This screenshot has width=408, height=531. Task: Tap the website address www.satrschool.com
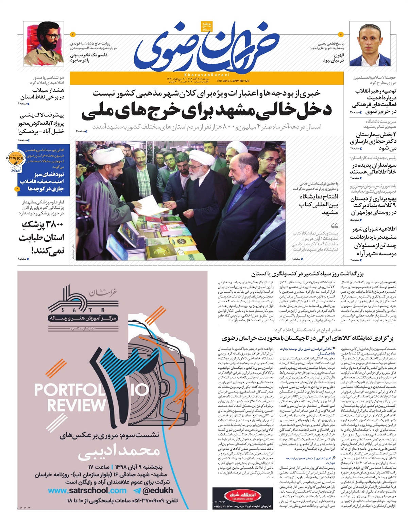pyautogui.click(x=87, y=490)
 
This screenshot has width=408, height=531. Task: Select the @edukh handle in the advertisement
pyautogui.click(x=154, y=490)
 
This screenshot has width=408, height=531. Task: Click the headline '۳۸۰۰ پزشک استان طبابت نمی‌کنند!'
pyautogui.click(x=42, y=238)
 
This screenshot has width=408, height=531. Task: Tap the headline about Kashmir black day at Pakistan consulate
pyautogui.click(x=307, y=274)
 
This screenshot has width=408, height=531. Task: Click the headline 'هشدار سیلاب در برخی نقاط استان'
pyautogui.click(x=42, y=94)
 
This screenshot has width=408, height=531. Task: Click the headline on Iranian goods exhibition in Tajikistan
pyautogui.click(x=307, y=338)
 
